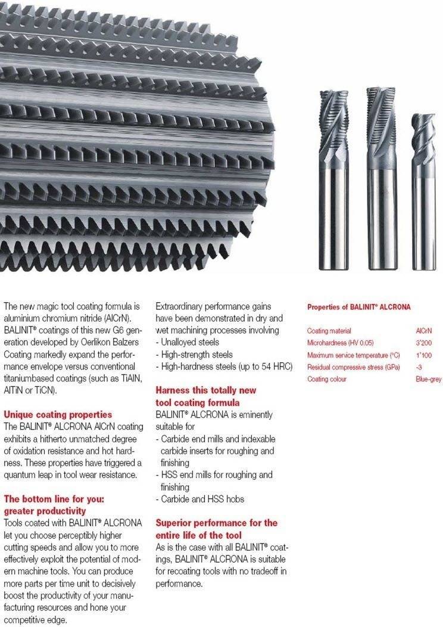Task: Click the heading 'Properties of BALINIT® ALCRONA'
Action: [358, 307]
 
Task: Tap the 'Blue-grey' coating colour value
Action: [428, 379]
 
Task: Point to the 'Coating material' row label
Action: [329, 331]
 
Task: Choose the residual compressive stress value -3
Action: [419, 367]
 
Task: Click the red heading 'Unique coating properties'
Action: [57, 414]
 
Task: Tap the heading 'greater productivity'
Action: [45, 511]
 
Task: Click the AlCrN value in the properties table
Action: [423, 331]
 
